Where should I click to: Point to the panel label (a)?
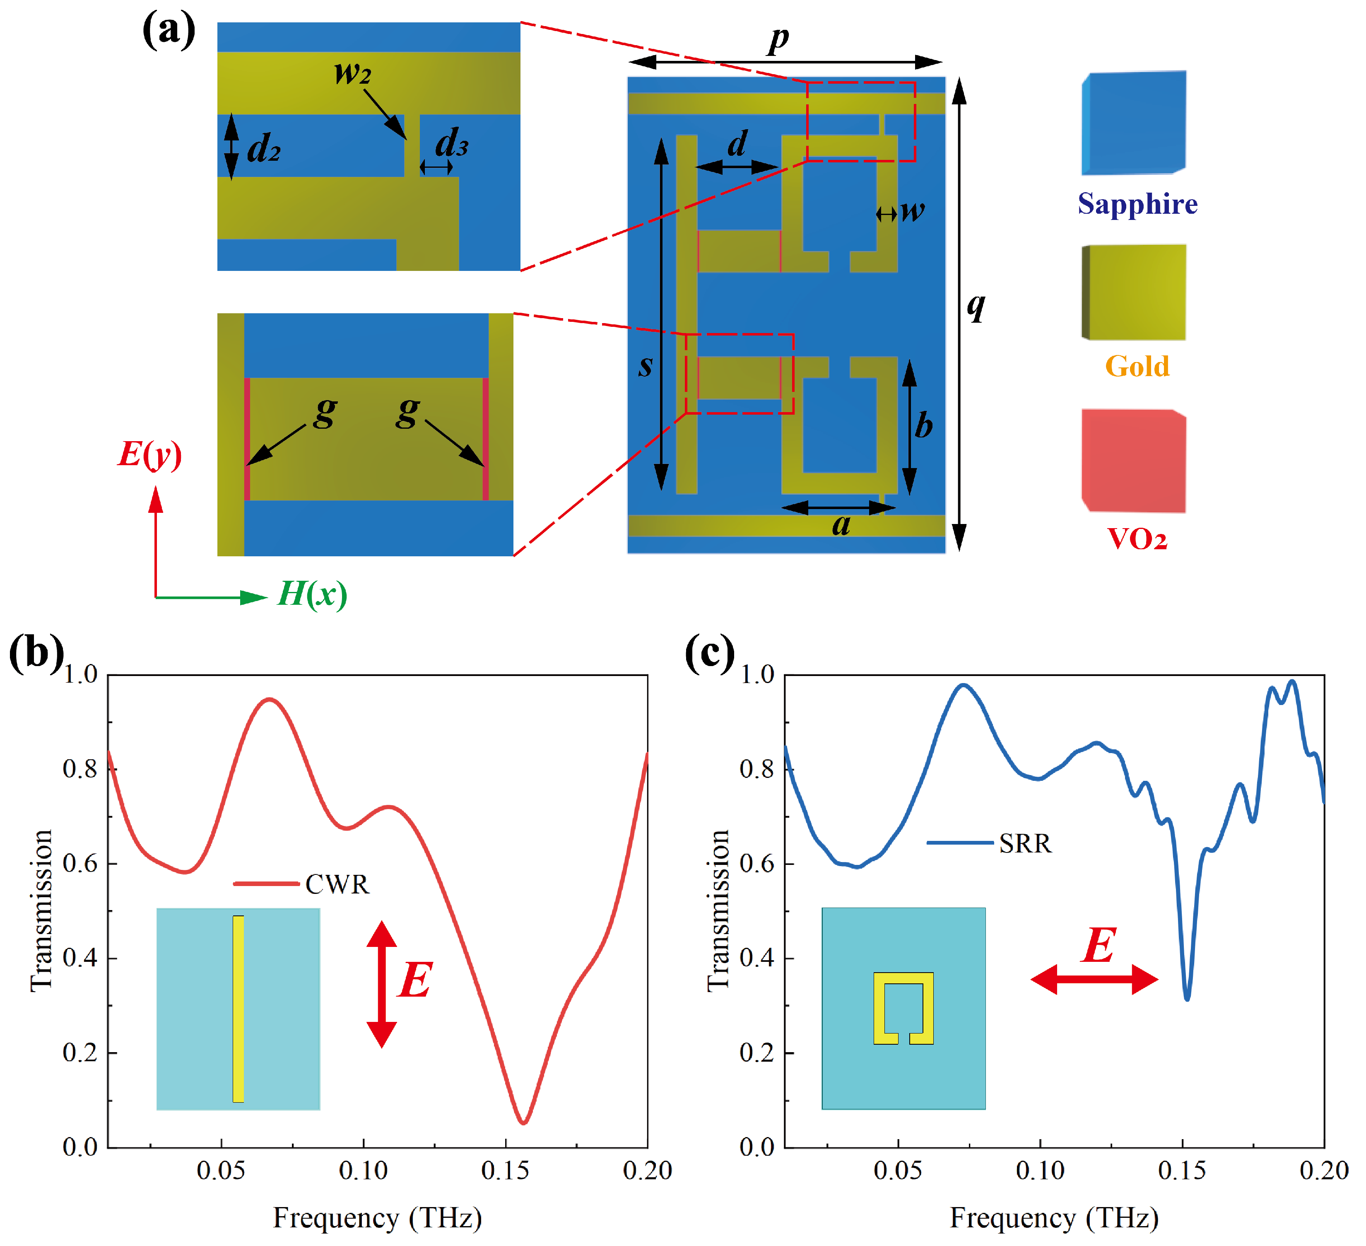point(168,31)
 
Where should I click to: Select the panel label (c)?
point(709,653)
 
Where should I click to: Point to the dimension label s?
point(646,366)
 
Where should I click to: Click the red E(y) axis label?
point(150,454)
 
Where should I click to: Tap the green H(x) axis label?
point(312,594)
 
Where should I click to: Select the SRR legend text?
point(1025,843)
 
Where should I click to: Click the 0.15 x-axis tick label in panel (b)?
point(505,1171)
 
